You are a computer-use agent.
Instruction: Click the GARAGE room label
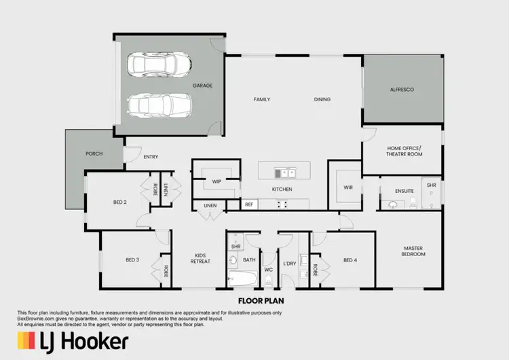point(202,86)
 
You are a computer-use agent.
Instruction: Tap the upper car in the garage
point(159,66)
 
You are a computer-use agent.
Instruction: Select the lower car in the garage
point(159,105)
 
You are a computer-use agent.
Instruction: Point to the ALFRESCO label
point(402,90)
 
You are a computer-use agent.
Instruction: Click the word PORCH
point(94,154)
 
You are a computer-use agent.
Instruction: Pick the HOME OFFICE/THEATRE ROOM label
point(404,151)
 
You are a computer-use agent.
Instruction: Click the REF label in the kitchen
point(249,204)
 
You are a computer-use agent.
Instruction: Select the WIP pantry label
point(216,182)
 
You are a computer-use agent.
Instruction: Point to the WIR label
point(348,187)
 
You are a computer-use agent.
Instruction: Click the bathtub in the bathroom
point(242,278)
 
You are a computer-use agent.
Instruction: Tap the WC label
point(269,270)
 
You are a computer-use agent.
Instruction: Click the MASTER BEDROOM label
point(413,251)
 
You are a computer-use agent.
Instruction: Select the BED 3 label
point(132,259)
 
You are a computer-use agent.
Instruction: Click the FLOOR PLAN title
point(261,299)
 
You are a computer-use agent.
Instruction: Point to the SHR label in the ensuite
point(431,185)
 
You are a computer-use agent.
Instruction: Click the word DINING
point(322,99)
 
